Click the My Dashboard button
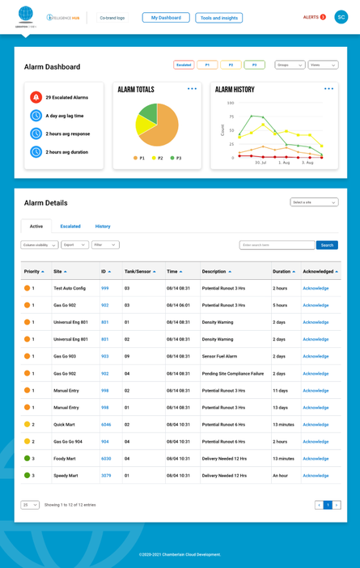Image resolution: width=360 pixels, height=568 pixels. tap(166, 18)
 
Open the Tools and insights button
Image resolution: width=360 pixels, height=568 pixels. tap(218, 18)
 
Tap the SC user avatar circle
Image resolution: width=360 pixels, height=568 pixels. tap(341, 17)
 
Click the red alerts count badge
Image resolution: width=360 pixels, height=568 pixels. tap(323, 17)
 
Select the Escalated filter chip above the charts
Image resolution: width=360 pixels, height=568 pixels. tap(184, 65)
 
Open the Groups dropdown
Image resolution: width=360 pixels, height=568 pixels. tap(290, 65)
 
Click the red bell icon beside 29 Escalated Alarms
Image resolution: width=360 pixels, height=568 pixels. tap(36, 97)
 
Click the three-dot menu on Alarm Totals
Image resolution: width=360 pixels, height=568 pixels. tap(192, 89)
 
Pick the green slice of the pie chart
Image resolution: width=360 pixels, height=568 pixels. tap(149, 112)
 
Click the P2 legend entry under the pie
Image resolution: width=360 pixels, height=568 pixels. tap(158, 158)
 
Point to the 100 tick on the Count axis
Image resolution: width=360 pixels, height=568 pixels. tap(231, 103)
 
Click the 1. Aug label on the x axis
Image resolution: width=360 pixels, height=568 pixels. tap(284, 163)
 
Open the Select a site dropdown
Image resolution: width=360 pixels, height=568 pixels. tap(314, 202)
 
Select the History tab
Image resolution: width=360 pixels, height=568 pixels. tap(103, 227)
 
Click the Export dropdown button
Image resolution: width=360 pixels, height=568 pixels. tap(74, 244)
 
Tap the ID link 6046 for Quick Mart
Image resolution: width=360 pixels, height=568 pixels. tap(106, 425)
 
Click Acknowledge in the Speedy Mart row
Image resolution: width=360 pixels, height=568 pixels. tap(316, 476)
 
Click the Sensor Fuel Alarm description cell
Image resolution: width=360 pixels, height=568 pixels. tap(219, 357)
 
